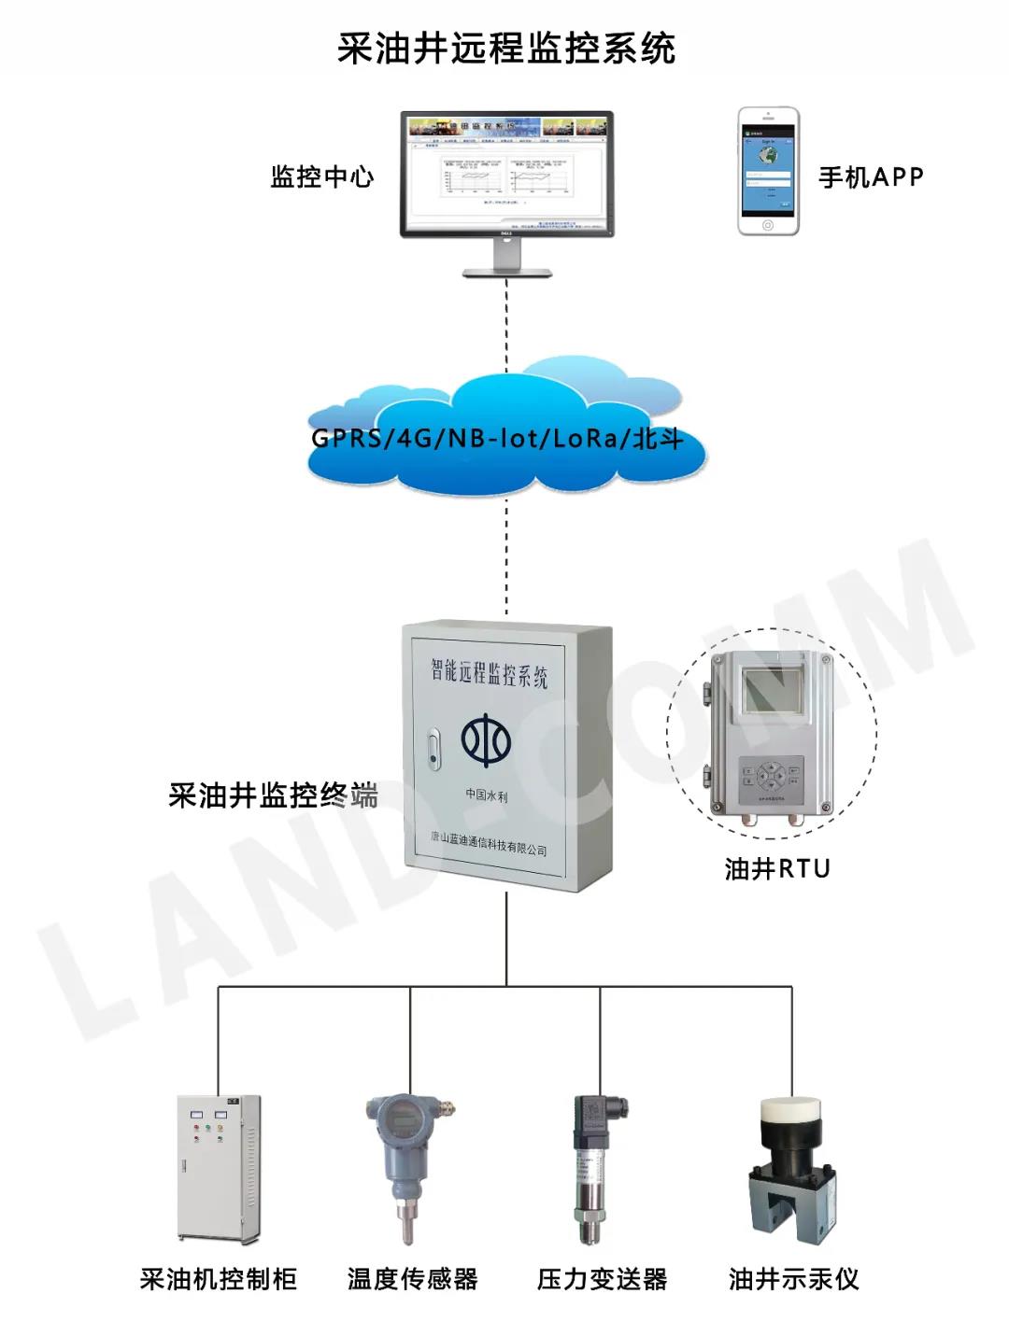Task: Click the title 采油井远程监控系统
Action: pos(505,49)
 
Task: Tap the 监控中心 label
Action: pos(322,176)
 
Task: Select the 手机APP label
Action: pos(871,177)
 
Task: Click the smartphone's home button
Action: pos(768,225)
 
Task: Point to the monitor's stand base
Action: pos(507,272)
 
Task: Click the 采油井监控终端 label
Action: pos(273,795)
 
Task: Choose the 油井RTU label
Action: pos(777,869)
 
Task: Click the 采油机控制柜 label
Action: pos(219,1278)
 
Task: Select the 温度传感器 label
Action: pos(413,1278)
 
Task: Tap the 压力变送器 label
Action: pos(603,1278)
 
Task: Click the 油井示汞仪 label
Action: pos(794,1278)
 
